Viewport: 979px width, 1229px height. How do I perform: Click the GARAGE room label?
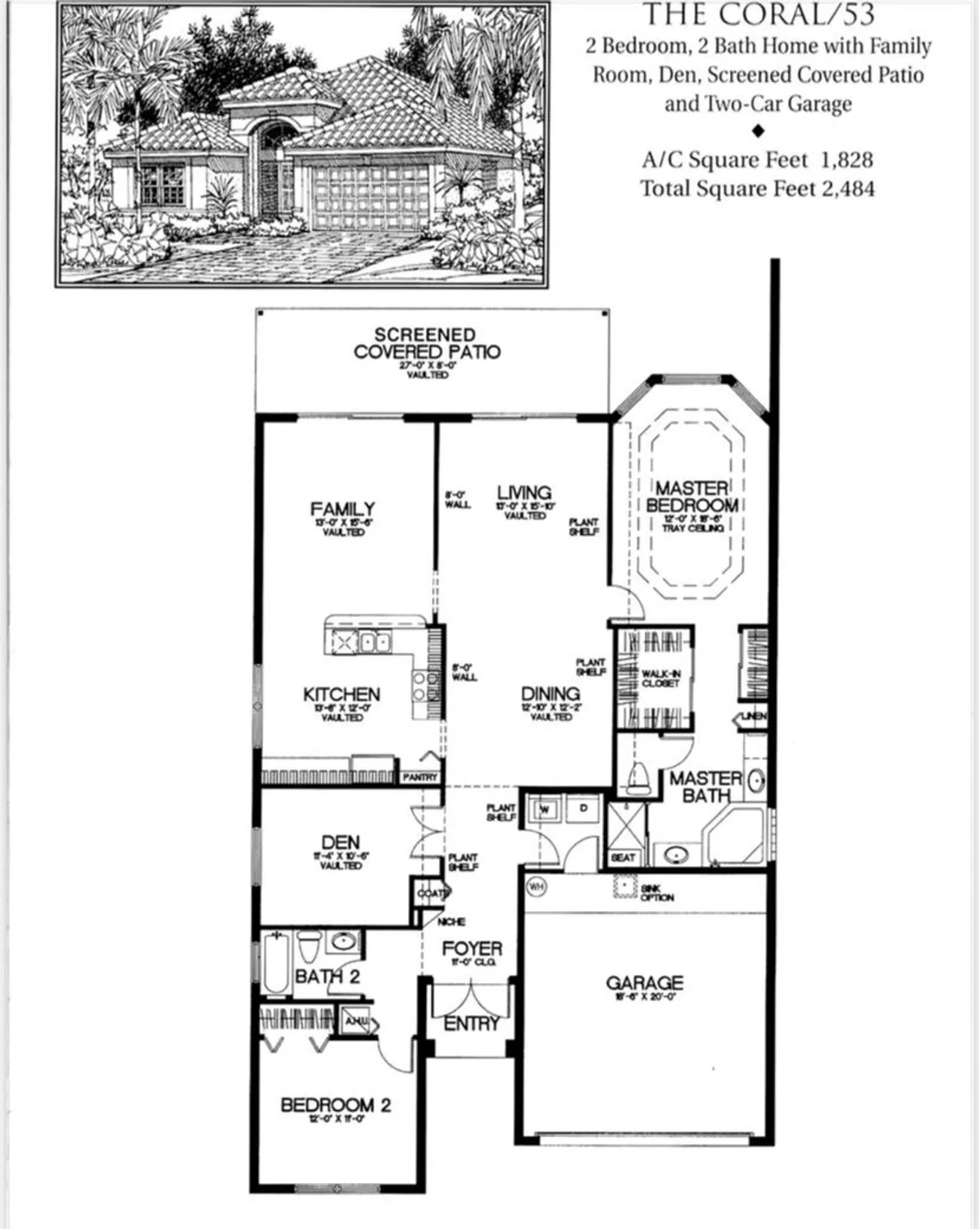pyautogui.click(x=644, y=982)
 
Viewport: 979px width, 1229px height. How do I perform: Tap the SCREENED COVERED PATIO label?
pyautogui.click(x=426, y=343)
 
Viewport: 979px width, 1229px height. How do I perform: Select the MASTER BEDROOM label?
pyautogui.click(x=692, y=497)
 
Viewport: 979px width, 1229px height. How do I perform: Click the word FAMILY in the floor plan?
pyautogui.click(x=342, y=509)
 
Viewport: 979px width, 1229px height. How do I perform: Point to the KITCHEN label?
pyautogui.click(x=342, y=695)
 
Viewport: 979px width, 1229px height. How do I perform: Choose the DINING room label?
pyautogui.click(x=551, y=694)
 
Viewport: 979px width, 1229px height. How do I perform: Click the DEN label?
pyautogui.click(x=340, y=842)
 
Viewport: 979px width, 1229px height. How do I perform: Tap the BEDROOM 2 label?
pyautogui.click(x=335, y=1105)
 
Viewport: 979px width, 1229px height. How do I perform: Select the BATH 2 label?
pyautogui.click(x=327, y=977)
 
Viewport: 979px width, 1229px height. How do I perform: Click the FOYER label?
pyautogui.click(x=472, y=949)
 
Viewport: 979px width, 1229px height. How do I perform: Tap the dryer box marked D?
pyautogui.click(x=583, y=809)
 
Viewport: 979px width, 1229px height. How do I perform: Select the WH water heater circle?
pyautogui.click(x=536, y=886)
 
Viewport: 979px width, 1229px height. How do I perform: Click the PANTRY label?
pyautogui.click(x=420, y=777)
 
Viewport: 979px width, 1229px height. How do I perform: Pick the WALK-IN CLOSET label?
pyautogui.click(x=660, y=678)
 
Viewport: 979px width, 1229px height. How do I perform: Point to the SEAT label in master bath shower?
pyautogui.click(x=623, y=857)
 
